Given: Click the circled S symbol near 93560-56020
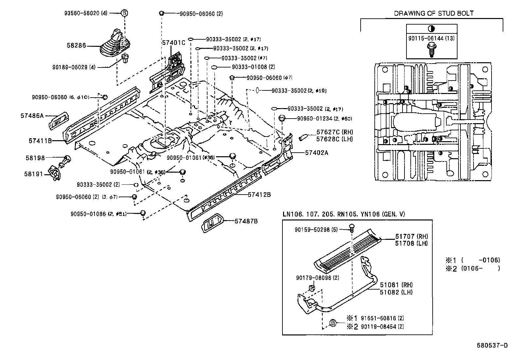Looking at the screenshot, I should pyautogui.click(x=124, y=13).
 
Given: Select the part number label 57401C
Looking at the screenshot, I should pyautogui.click(x=173, y=43).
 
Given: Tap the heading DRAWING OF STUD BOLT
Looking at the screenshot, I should pyautogui.click(x=434, y=13).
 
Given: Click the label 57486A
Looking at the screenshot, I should pyautogui.click(x=32, y=116).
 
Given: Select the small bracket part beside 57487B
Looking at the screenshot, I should pyautogui.click(x=212, y=224).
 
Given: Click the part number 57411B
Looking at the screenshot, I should pyautogui.click(x=40, y=141).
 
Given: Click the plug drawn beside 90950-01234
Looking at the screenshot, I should pyautogui.click(x=282, y=118).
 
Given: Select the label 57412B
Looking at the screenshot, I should pyautogui.click(x=259, y=195).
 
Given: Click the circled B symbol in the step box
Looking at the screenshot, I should pyautogui.click(x=332, y=323).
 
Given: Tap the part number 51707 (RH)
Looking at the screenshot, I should pyautogui.click(x=411, y=236).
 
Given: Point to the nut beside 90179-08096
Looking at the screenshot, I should pyautogui.click(x=312, y=288).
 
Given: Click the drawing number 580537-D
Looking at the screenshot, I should pyautogui.click(x=492, y=345).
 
